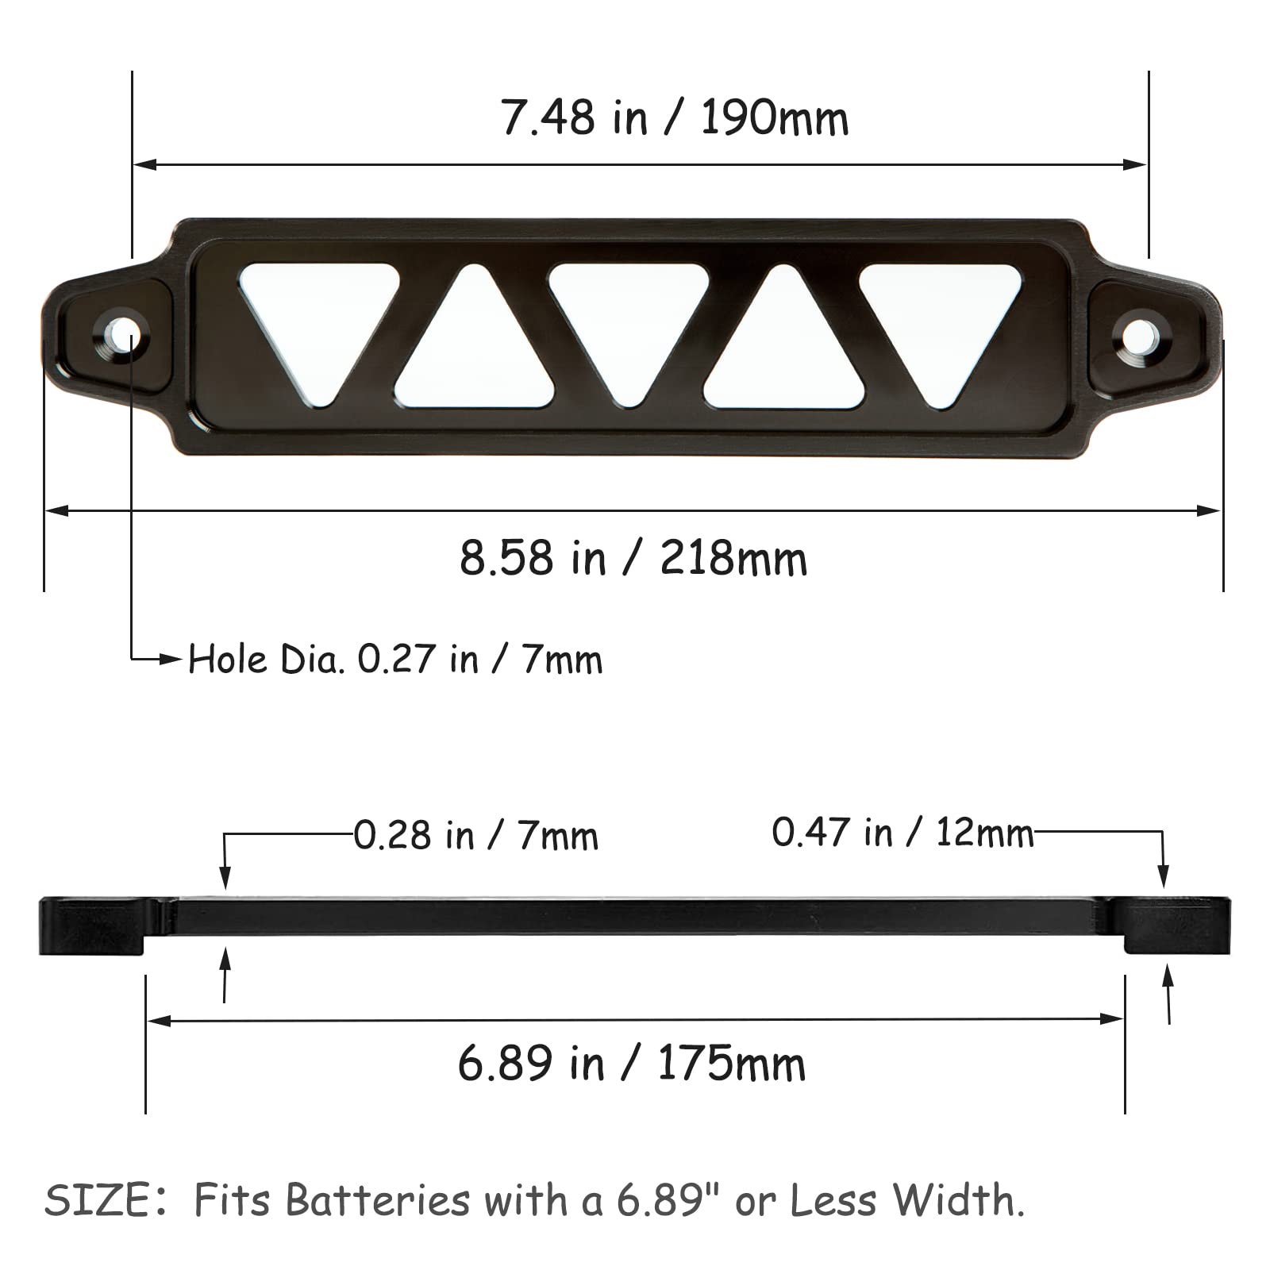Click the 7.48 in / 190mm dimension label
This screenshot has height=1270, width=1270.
point(675,119)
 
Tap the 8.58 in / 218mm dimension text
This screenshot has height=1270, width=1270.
point(633,558)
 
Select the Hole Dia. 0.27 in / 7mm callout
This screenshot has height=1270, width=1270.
point(395,660)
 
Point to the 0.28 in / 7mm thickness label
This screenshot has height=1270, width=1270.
point(475,836)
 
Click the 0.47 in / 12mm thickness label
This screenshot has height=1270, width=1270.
point(902,833)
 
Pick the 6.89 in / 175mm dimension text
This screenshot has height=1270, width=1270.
point(632,1064)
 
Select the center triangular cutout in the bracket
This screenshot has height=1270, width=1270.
point(629,321)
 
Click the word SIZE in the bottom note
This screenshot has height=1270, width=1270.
point(97,1200)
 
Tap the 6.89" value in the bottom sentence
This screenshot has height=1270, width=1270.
point(661,1200)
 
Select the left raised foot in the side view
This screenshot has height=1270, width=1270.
point(94,926)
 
